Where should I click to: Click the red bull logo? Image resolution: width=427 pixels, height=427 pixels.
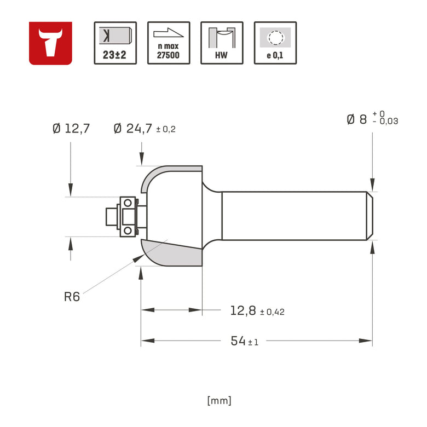click(x=50, y=43)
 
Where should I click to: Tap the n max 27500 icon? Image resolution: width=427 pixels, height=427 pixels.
click(x=169, y=43)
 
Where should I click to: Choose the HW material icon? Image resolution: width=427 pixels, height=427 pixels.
click(x=222, y=43)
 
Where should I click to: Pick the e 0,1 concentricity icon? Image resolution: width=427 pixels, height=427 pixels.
click(x=275, y=43)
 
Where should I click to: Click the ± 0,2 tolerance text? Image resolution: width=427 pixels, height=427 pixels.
click(x=166, y=130)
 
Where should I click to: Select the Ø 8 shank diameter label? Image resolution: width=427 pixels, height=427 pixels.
click(x=356, y=119)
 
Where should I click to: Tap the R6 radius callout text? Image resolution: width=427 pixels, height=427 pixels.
click(x=72, y=297)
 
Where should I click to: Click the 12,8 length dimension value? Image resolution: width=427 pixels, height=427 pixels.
click(x=243, y=311)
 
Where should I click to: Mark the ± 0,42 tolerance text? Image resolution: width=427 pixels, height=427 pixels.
click(x=272, y=312)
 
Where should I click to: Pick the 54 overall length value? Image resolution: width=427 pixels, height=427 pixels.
click(x=238, y=341)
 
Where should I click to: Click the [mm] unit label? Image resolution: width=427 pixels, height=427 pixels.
click(x=220, y=400)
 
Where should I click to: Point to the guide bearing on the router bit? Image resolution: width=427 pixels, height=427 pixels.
click(x=128, y=216)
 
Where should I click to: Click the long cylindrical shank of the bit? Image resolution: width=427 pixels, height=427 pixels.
click(x=293, y=216)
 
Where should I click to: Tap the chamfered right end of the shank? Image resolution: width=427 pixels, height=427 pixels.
click(x=370, y=216)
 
